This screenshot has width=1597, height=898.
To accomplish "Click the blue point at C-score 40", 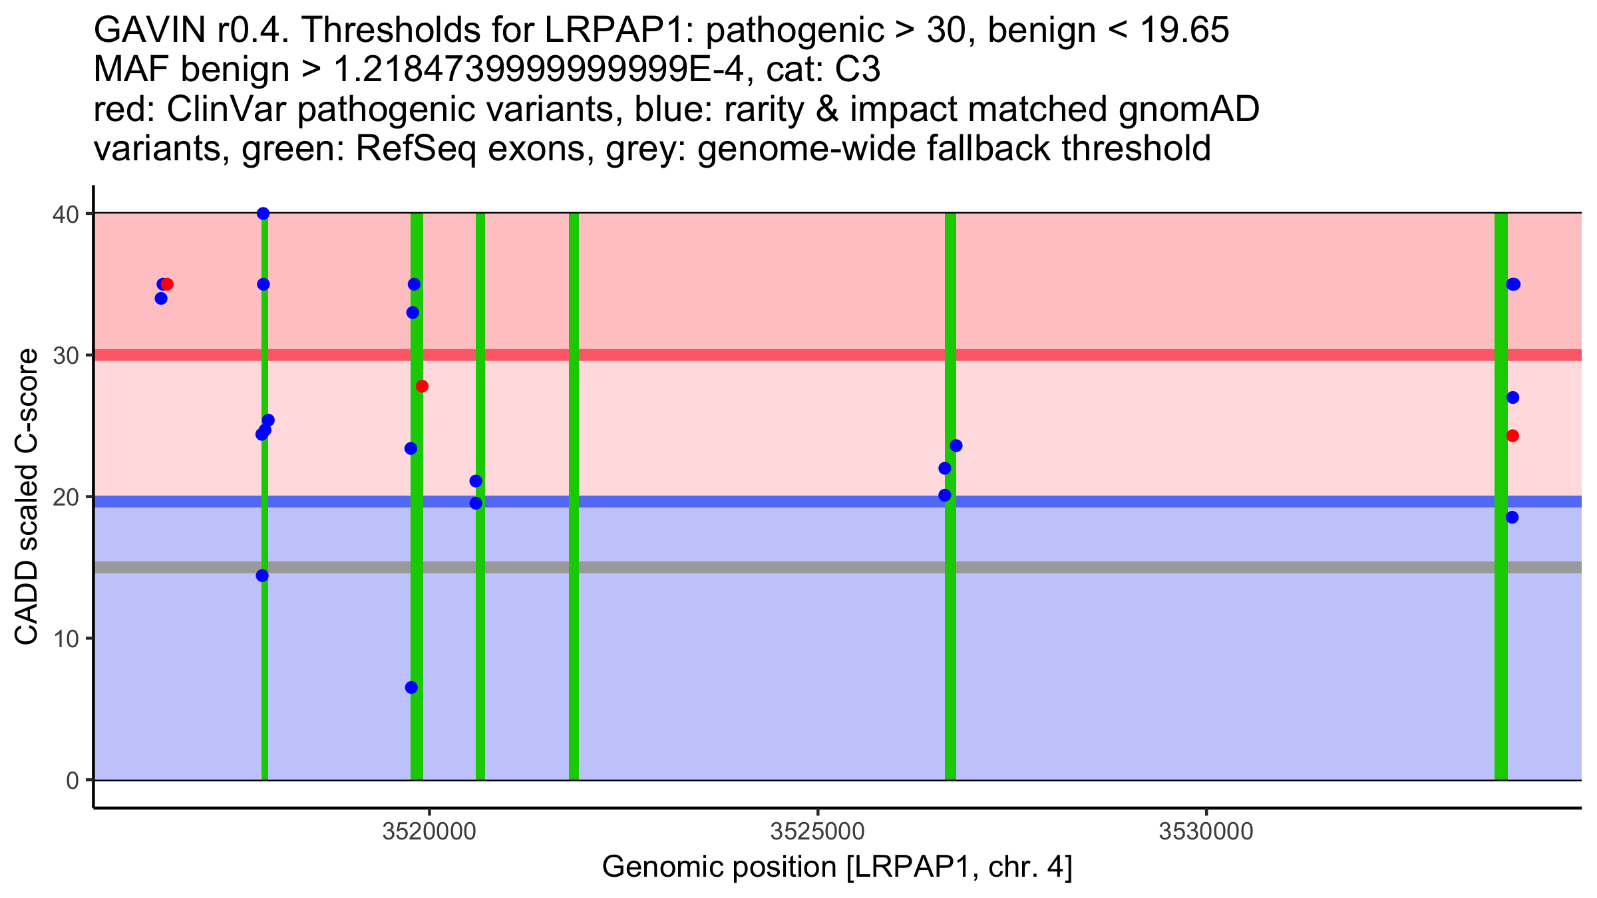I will coord(263,214).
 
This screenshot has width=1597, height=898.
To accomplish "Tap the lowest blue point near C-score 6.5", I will coord(411,687).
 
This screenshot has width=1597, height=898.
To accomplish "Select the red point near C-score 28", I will coord(422,386).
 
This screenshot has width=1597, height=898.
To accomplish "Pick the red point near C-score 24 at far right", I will coord(1512,436).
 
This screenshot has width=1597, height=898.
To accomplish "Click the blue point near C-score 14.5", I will coord(262,575).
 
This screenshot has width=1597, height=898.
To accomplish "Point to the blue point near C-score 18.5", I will coord(1512,518).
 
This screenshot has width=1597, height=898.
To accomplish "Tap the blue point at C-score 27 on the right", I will coord(1512,398).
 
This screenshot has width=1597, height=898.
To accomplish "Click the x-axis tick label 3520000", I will coord(429,832).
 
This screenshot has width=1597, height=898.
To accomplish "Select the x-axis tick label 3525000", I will coord(817,832).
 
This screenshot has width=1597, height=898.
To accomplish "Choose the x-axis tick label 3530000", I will coord(1206,832).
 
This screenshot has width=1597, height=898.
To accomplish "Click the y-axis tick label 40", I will coord(65,214).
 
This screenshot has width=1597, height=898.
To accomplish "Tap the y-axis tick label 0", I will coord(73,781).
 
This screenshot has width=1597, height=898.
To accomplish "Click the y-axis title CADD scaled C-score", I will coord(27,497).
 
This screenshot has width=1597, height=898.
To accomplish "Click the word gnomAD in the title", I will coord(1188,110).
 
